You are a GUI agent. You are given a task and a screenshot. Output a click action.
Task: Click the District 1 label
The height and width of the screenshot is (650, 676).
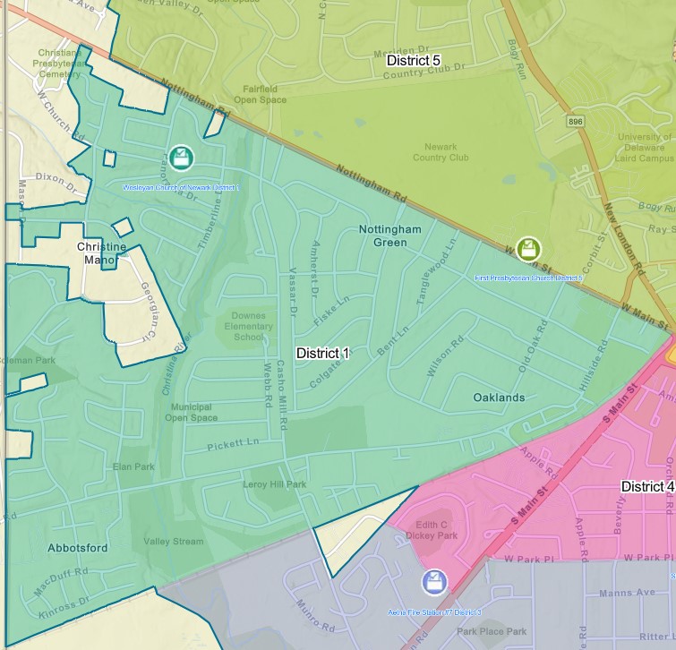(322, 353)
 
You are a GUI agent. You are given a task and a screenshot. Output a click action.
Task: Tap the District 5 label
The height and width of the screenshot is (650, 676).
(413, 60)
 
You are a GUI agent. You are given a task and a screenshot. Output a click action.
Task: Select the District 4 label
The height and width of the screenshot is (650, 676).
(647, 486)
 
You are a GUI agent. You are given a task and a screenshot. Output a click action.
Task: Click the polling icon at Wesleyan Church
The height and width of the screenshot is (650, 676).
(182, 158)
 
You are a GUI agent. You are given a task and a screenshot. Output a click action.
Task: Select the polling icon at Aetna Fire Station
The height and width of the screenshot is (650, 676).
(434, 582)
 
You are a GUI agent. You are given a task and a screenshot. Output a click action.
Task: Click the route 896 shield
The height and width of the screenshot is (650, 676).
(576, 119)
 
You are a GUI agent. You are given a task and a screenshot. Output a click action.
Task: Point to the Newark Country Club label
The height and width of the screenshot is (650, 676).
(441, 152)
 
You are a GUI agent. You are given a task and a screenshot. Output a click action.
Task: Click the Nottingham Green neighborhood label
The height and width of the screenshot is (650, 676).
(389, 235)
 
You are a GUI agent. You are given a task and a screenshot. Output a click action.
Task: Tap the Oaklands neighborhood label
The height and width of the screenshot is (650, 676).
(499, 397)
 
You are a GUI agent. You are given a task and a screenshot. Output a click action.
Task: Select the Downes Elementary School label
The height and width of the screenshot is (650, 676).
(248, 326)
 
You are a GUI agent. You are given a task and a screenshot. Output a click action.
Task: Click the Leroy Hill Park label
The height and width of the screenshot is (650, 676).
(274, 484)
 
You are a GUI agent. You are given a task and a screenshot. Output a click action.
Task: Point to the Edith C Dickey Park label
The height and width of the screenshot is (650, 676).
(436, 529)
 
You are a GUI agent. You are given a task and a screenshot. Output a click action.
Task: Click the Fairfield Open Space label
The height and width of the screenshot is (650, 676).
(260, 94)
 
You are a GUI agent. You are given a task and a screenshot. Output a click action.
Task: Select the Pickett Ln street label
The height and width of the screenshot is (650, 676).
(232, 443)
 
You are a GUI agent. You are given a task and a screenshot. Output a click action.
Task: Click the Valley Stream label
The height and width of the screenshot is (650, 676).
(174, 541)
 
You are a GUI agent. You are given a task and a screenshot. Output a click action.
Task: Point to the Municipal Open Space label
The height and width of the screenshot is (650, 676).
(191, 412)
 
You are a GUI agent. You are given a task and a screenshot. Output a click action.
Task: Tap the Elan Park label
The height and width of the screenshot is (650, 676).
(133, 466)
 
